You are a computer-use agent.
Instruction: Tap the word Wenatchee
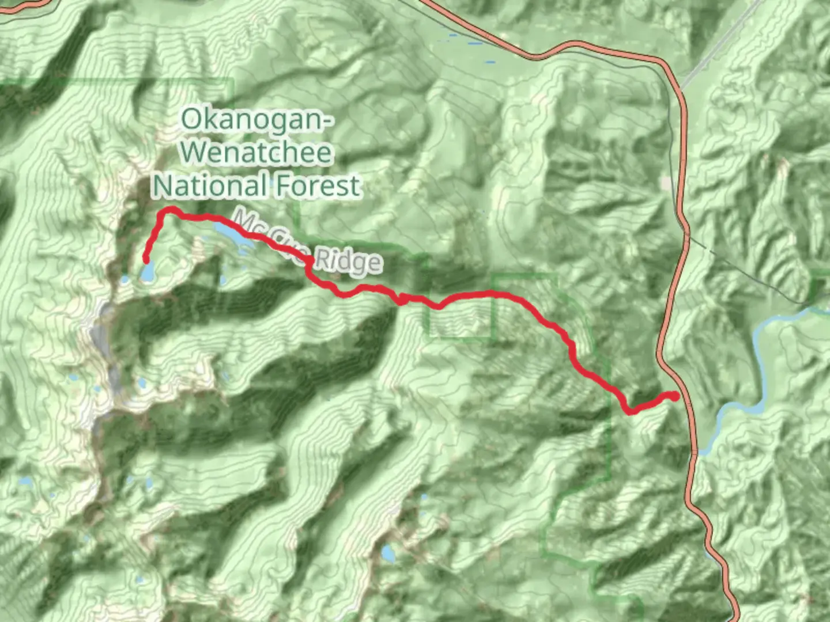[x=258, y=152]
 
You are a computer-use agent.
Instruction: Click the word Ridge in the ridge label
[x=348, y=260]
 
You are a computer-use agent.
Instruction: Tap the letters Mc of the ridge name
[x=247, y=221]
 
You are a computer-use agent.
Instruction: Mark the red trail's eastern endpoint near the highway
[x=674, y=396]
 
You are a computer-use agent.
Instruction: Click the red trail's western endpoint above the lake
[x=146, y=259]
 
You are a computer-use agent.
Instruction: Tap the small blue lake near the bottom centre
[x=388, y=553]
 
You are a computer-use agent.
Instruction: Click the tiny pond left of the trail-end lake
[x=125, y=280]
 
